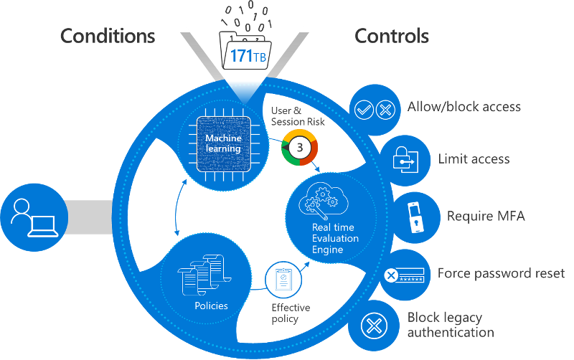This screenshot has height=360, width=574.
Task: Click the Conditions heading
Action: (x=107, y=36)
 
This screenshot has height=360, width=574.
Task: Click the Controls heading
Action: (x=392, y=36)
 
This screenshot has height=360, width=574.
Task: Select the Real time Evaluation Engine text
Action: (x=335, y=238)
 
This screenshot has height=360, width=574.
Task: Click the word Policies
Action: (x=211, y=306)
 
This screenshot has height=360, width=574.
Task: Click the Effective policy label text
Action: (x=291, y=313)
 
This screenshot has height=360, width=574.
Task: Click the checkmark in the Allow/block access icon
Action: (x=364, y=110)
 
